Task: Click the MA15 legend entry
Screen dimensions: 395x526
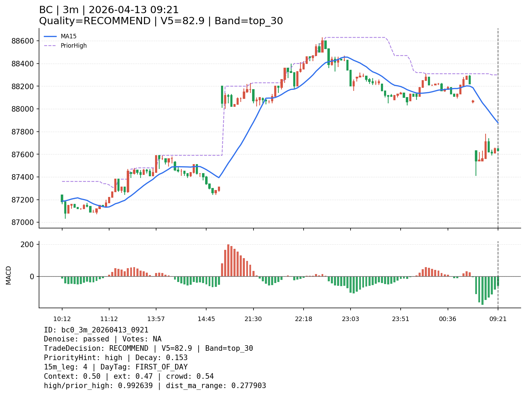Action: pos(68,36)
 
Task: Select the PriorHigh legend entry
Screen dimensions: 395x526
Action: pos(74,46)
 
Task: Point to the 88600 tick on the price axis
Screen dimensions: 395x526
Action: pos(23,41)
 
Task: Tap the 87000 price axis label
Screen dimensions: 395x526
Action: pos(23,223)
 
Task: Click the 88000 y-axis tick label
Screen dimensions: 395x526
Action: pos(23,109)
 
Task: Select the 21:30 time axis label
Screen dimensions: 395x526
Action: pos(253,319)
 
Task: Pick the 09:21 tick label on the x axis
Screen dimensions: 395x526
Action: pos(498,319)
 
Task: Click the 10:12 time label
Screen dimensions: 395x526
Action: pos(62,319)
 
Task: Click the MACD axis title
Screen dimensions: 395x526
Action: pos(9,275)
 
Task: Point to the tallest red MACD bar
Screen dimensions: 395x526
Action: pos(228,260)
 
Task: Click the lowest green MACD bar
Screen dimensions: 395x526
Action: pos(482,290)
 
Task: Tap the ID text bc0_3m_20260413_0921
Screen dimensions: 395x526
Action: pos(105,330)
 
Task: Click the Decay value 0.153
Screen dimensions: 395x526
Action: pos(176,358)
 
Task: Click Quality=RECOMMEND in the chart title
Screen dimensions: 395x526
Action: pos(95,21)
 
